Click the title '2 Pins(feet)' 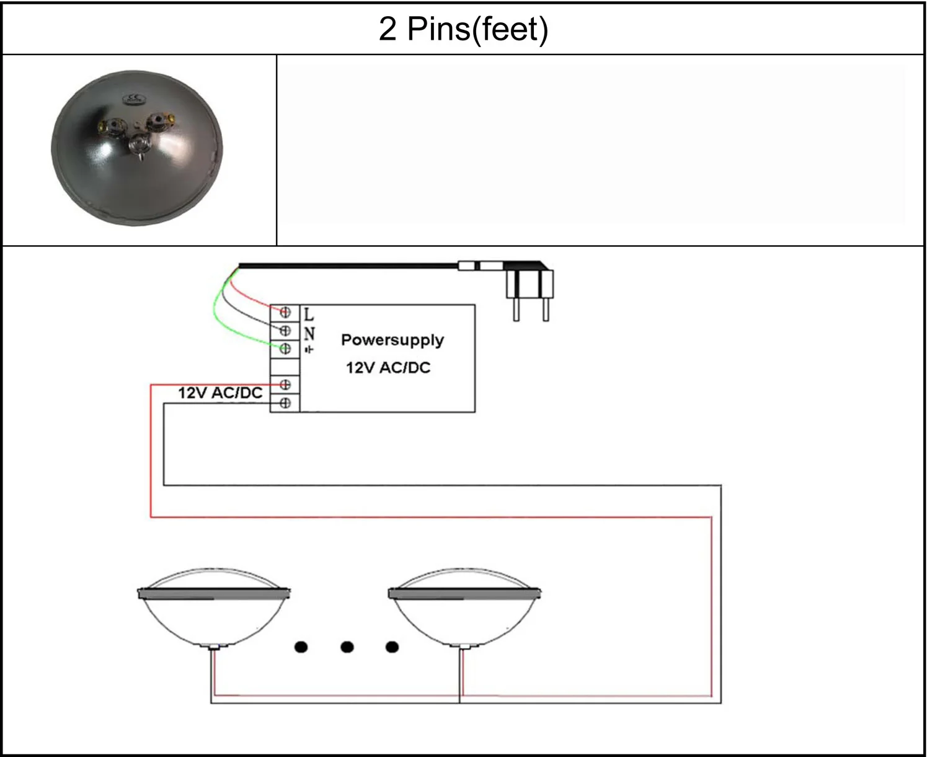click(x=463, y=29)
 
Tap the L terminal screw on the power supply click(x=285, y=312)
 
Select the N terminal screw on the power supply click(x=285, y=330)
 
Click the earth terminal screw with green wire click(x=285, y=349)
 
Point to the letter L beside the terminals click(x=309, y=314)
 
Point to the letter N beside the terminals click(x=309, y=333)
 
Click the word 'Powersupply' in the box click(x=392, y=340)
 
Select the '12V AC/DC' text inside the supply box click(x=388, y=367)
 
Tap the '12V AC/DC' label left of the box click(x=220, y=393)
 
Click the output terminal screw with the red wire click(x=285, y=385)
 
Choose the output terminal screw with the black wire click(x=285, y=403)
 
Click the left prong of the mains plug click(x=516, y=308)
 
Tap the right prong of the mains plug click(x=546, y=308)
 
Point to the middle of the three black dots click(x=347, y=647)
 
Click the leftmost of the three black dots click(x=301, y=647)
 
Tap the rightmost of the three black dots click(x=392, y=647)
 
